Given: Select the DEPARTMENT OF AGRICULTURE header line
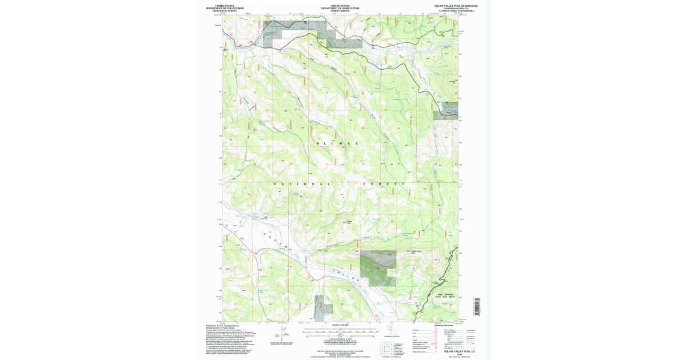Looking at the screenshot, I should pos(340,8).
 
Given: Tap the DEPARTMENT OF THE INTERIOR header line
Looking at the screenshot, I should pos(229,8).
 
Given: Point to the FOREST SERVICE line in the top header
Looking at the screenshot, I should pos(340,11).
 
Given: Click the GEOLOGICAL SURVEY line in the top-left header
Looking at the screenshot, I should pos(229,11).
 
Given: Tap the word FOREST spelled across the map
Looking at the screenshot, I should pos(383,184).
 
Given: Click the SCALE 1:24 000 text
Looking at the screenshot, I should pos(340,325).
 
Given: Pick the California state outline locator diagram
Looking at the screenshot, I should pos(390,331).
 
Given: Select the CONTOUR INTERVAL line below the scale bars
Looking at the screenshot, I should pos(340,338).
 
